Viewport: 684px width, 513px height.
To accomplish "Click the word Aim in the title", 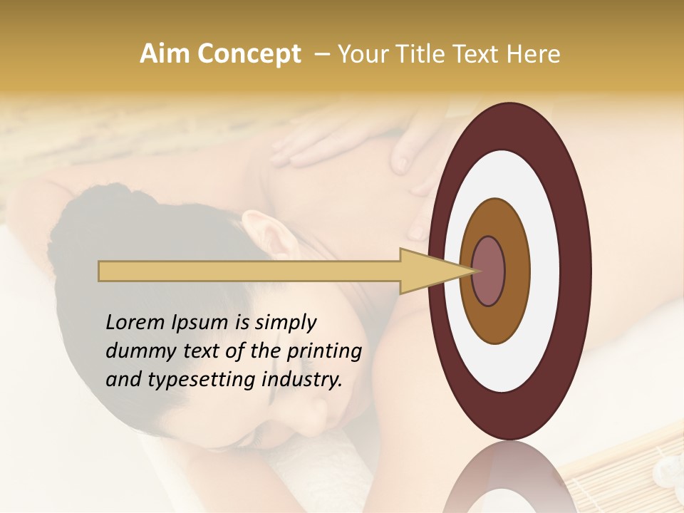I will click(x=164, y=54).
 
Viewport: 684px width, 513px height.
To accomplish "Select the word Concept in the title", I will click(x=247, y=54).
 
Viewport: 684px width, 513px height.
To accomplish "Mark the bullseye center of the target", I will click(x=489, y=271).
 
